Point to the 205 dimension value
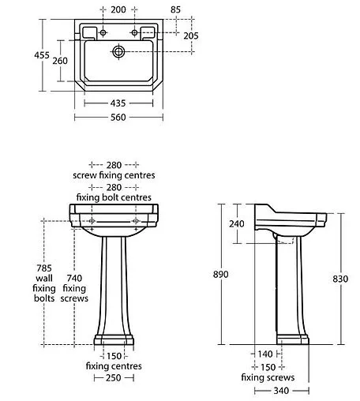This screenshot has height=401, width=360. click(x=191, y=36)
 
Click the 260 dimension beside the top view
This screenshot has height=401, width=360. click(x=60, y=62)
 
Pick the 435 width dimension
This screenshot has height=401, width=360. click(x=118, y=103)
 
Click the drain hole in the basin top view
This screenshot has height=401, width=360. click(x=118, y=53)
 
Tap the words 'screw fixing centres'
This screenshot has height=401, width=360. click(x=114, y=174)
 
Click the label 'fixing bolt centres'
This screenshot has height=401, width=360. click(x=114, y=197)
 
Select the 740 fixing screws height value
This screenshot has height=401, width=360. click(x=73, y=278)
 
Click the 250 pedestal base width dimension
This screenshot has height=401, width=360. click(x=114, y=379)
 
